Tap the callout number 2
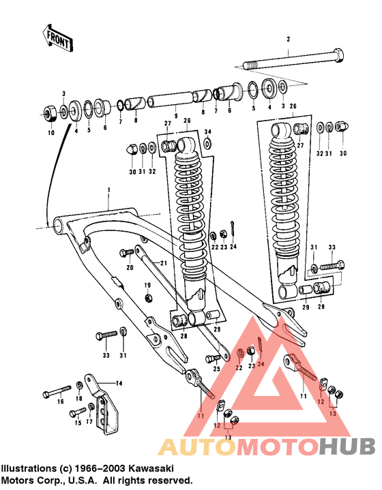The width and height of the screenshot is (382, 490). click(289, 40)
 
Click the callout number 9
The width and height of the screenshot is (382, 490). click(176, 115)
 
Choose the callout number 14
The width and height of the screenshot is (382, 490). click(118, 384)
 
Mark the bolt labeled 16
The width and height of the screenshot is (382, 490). click(56, 393)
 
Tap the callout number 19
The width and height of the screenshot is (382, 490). click(146, 285)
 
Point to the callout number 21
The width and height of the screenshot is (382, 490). click(164, 263)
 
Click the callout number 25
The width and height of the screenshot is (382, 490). click(216, 369)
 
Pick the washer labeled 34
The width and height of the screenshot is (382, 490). click(207, 144)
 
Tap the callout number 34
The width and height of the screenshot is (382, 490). click(208, 132)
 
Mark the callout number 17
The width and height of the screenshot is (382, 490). click(89, 423)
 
